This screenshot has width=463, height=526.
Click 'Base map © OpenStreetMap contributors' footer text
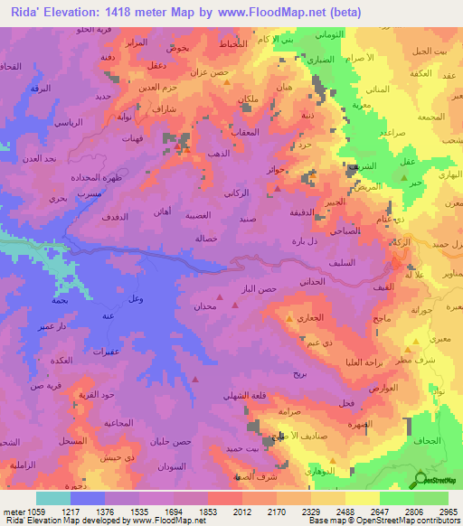(x=380, y=521)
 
